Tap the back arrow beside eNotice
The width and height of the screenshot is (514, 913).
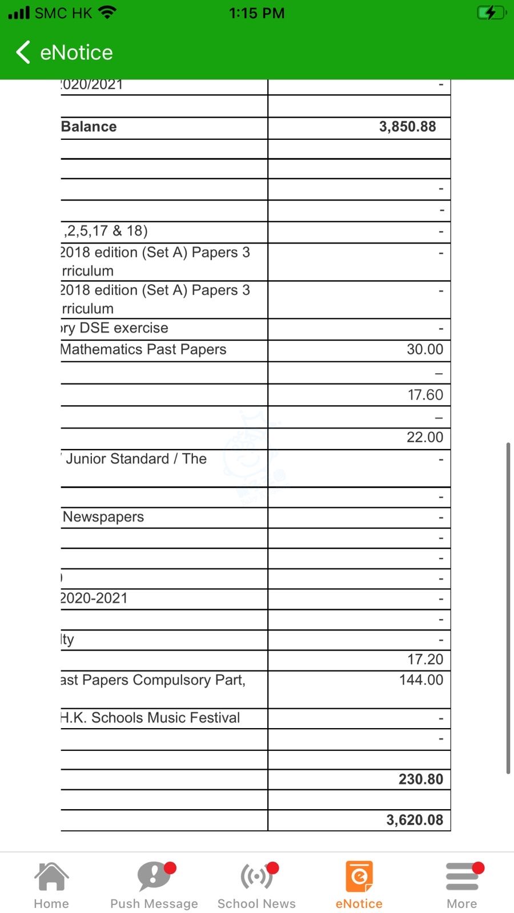(23, 52)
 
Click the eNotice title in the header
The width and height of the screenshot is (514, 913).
(77, 52)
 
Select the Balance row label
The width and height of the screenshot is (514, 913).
(89, 127)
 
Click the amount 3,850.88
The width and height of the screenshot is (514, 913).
(407, 127)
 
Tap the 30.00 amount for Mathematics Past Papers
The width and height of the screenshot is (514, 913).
(424, 349)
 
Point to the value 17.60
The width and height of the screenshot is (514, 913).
(425, 395)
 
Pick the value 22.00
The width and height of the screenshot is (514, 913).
(424, 437)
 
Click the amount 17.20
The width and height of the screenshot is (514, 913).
(425, 660)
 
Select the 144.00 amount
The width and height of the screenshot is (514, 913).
(421, 680)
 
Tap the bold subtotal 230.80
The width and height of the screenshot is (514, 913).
(420, 779)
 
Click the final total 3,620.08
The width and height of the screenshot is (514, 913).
(415, 820)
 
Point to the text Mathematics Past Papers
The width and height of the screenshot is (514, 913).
(143, 349)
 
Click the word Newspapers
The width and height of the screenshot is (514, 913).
(103, 517)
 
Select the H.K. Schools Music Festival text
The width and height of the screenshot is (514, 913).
(150, 718)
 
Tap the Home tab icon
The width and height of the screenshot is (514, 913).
(51, 876)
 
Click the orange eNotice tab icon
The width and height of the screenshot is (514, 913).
(359, 876)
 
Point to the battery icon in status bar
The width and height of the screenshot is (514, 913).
(491, 13)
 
